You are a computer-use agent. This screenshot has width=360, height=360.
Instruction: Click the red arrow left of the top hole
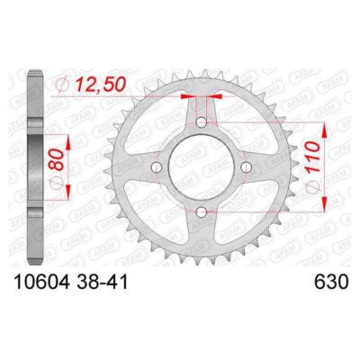pos(188,93)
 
